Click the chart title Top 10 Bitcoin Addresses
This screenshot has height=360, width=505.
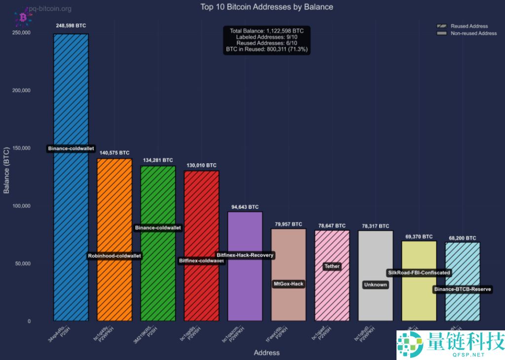pyautogui.click(x=267, y=7)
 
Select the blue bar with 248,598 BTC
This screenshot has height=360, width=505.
pyautogui.click(x=71, y=99)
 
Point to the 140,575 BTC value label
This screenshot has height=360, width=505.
pyautogui.click(x=114, y=153)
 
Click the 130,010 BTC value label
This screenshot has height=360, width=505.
pyautogui.click(x=201, y=165)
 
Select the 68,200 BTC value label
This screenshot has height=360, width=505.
pyautogui.click(x=462, y=238)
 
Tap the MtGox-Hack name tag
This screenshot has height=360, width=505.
pyautogui.click(x=289, y=284)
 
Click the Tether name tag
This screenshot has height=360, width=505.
pyautogui.click(x=332, y=266)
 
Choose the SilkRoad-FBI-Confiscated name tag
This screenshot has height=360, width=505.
pyautogui.click(x=419, y=272)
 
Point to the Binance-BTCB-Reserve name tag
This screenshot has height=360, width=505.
pyautogui.click(x=463, y=289)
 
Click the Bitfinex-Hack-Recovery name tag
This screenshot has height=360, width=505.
pyautogui.click(x=245, y=255)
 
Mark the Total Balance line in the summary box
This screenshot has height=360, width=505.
pyautogui.click(x=267, y=31)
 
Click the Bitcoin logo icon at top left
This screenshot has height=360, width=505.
pyautogui.click(x=23, y=17)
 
